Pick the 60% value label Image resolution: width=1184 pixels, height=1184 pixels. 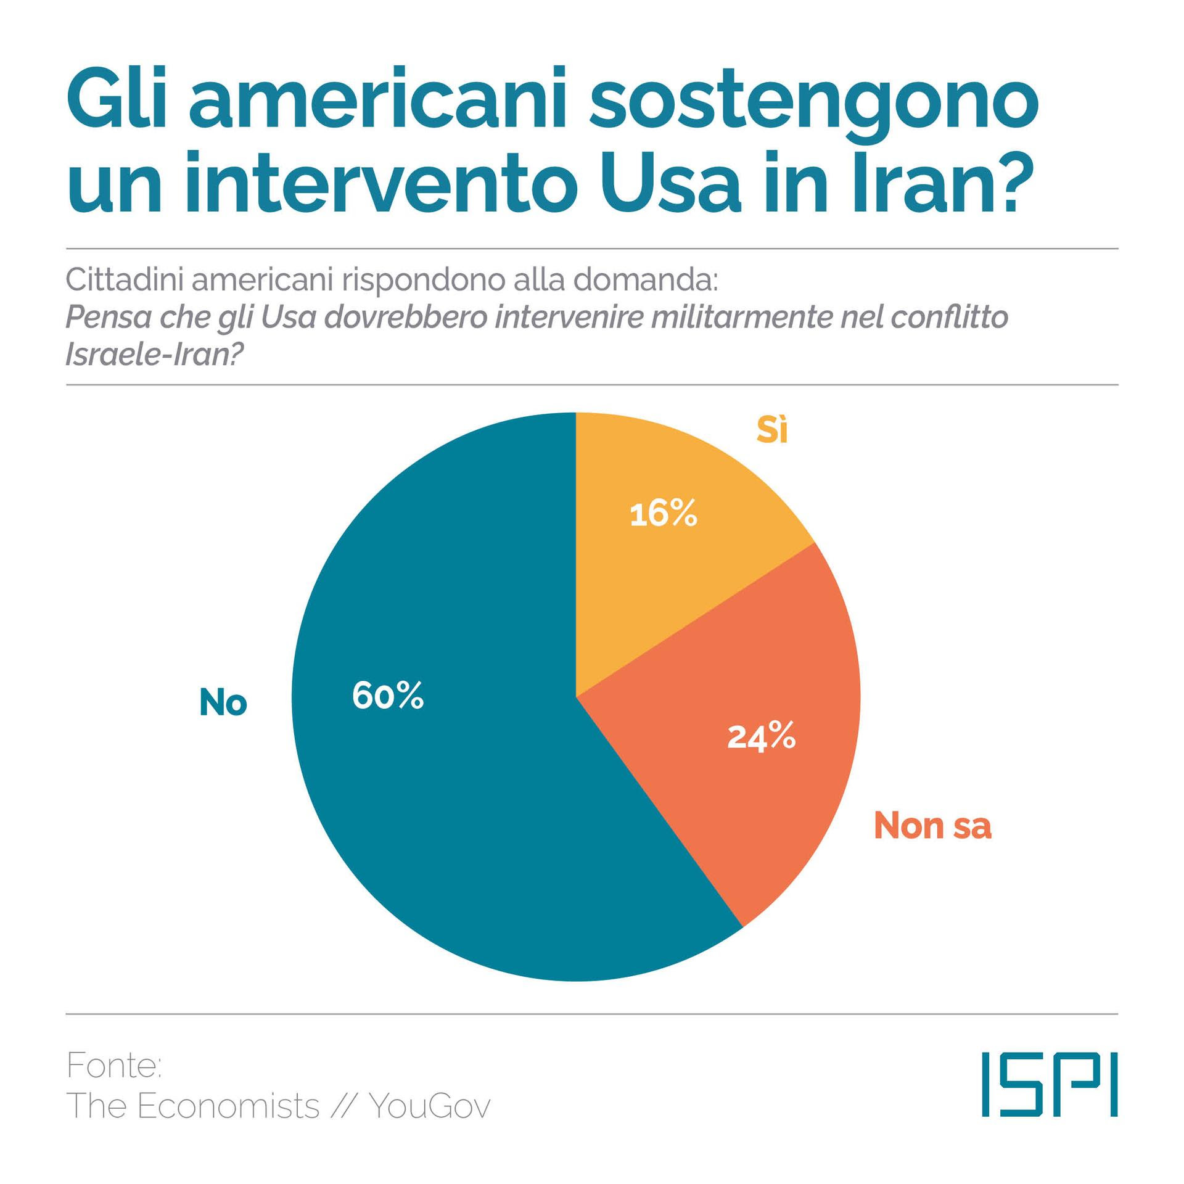click(x=388, y=696)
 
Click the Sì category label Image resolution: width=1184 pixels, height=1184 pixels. click(x=772, y=430)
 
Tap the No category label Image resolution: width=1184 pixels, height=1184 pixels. click(x=223, y=702)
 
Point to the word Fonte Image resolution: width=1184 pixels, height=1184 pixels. click(x=113, y=1066)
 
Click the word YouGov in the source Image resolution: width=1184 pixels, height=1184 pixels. click(x=430, y=1106)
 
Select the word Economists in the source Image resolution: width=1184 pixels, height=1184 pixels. click(x=228, y=1106)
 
